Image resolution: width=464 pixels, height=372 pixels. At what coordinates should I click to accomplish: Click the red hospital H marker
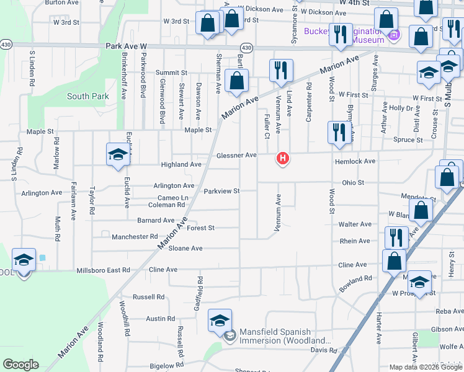[283, 159]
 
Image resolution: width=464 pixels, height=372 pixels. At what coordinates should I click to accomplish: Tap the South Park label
[88, 96]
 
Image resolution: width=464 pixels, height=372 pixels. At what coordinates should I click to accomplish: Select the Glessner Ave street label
[236, 155]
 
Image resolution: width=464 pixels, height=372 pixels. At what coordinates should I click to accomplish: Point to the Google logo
[20, 365]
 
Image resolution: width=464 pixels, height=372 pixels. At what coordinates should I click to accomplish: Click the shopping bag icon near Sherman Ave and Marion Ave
[236, 81]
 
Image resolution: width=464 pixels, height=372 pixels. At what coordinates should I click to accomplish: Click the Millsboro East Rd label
[103, 270]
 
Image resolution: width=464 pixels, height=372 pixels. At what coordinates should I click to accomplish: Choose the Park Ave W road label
[125, 46]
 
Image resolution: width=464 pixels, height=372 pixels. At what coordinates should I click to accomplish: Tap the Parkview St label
[221, 191]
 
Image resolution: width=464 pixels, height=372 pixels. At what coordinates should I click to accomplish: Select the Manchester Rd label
[135, 237]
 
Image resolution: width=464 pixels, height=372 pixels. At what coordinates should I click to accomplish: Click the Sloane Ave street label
[187, 248]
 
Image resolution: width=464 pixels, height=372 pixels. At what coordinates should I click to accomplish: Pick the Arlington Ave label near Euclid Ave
[174, 185]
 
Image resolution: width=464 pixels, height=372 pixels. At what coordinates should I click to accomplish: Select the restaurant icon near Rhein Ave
[395, 238]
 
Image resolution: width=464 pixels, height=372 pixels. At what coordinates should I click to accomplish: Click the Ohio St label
[352, 183]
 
